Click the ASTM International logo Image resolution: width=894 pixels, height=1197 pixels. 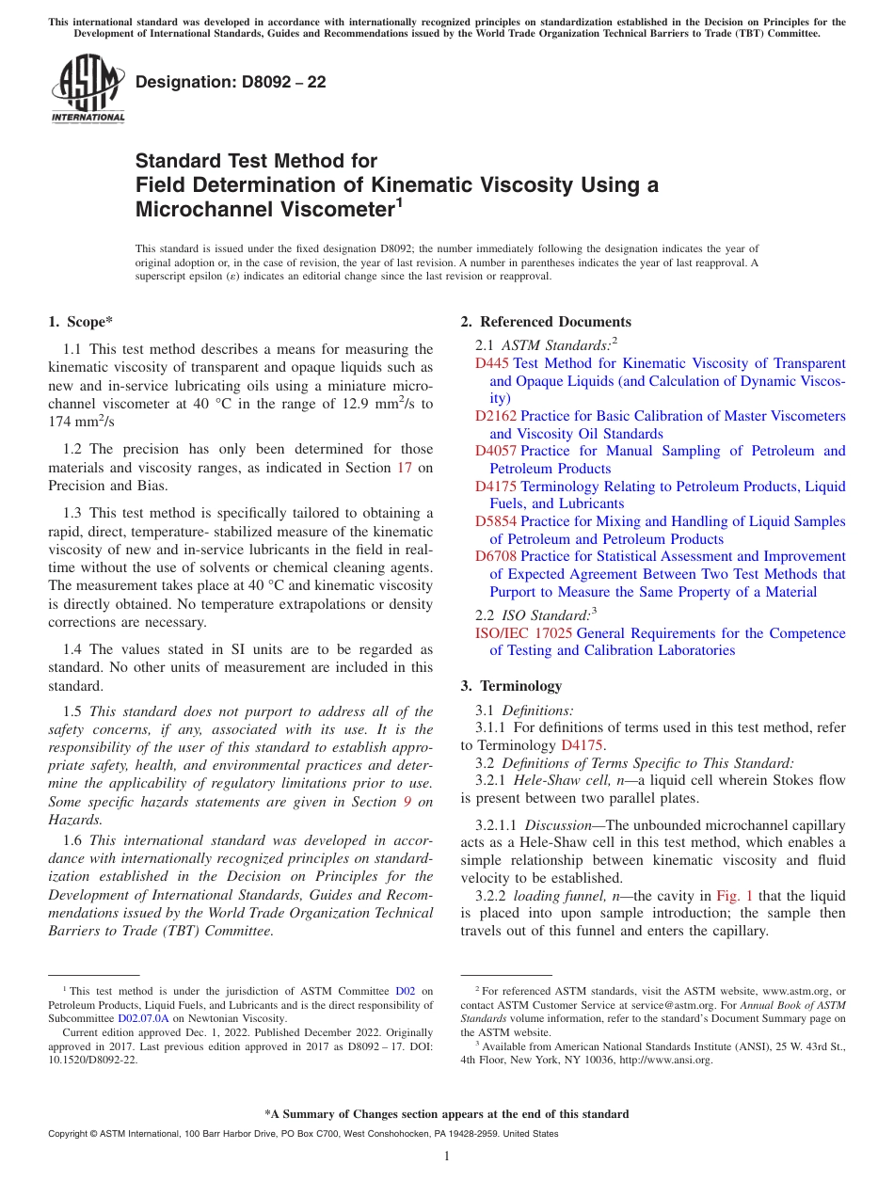tap(88, 88)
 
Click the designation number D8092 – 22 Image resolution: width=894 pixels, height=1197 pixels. tap(231, 82)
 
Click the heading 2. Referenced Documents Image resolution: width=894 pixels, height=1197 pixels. tap(546, 322)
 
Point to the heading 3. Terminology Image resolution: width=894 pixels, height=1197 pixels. tap(511, 686)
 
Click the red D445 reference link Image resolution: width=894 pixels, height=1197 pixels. tap(492, 363)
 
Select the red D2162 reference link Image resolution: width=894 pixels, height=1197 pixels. tap(496, 416)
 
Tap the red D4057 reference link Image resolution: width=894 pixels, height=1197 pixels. tap(496, 451)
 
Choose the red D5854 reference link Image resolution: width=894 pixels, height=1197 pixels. tap(496, 521)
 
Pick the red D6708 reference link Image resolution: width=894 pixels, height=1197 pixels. tap(496, 556)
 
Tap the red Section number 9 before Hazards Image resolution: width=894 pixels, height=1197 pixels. tap(407, 802)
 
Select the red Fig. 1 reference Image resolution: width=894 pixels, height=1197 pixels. tap(734, 896)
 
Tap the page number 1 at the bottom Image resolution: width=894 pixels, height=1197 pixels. tap(447, 1156)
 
